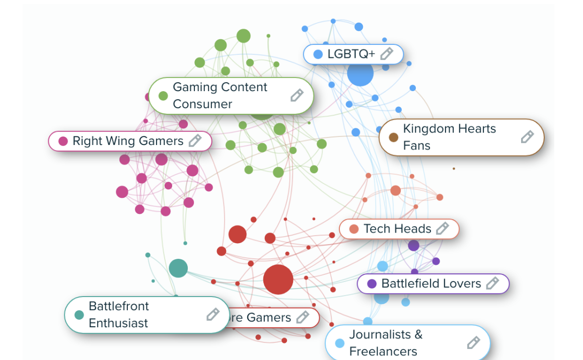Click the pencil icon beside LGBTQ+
click(x=386, y=54)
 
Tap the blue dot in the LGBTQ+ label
click(x=318, y=54)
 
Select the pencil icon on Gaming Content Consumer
click(x=297, y=95)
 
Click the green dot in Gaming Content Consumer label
click(x=163, y=96)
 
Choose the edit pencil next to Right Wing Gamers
click(x=195, y=140)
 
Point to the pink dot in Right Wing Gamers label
click(x=63, y=141)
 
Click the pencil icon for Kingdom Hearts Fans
click(x=527, y=136)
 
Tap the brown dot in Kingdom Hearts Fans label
click(x=394, y=137)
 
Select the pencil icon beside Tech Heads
click(x=442, y=229)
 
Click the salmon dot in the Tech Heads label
click(x=354, y=229)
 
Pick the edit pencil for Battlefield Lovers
click(x=492, y=283)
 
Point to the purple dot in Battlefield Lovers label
click(x=372, y=283)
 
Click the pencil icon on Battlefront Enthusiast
click(x=213, y=315)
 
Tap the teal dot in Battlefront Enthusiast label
click(x=79, y=315)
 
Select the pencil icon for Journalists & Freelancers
click(x=473, y=343)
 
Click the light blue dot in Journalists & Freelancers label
click(x=340, y=343)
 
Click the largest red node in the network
click(x=278, y=279)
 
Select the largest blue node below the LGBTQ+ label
click(x=360, y=74)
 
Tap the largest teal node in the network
click(x=178, y=268)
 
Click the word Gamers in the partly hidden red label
click(x=269, y=318)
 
